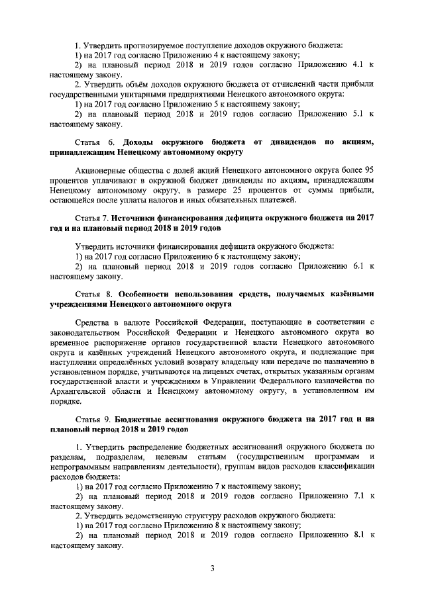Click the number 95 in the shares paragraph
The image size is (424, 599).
[369, 170]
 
